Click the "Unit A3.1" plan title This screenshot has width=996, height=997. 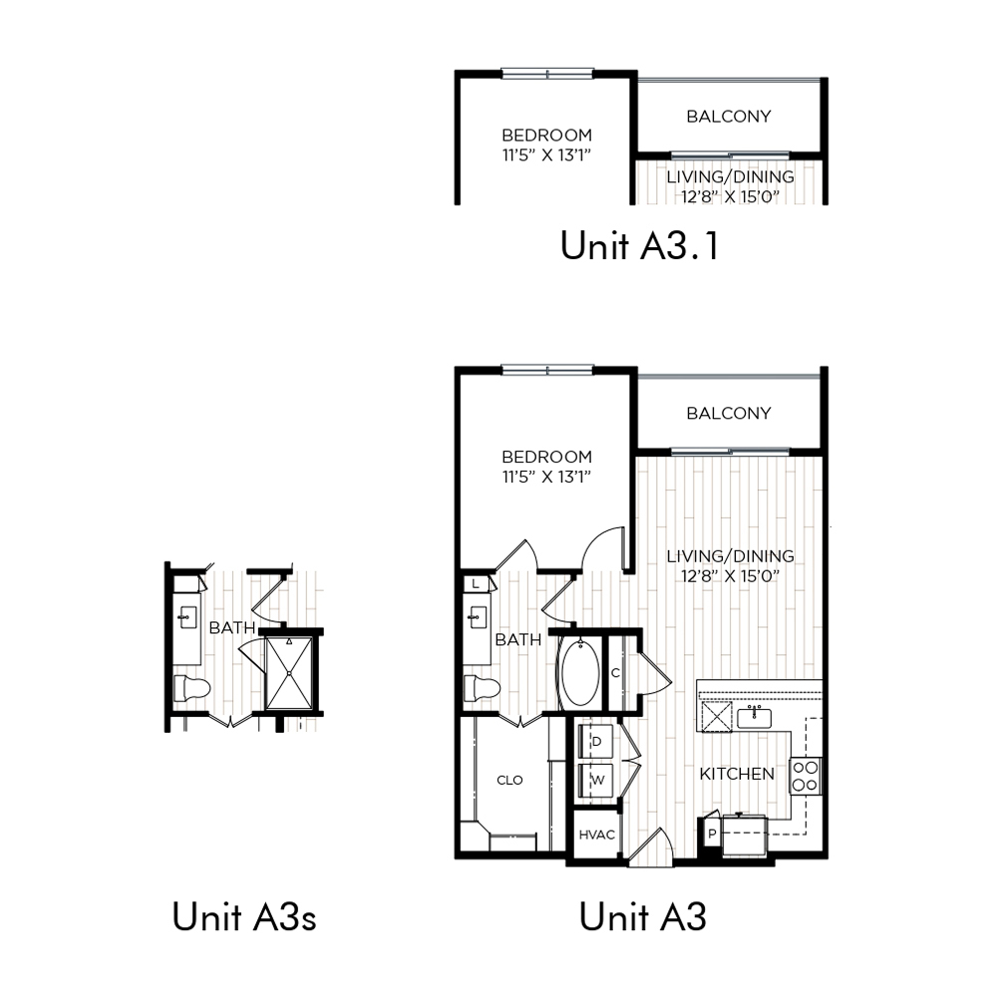(x=640, y=245)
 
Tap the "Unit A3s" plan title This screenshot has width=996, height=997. (x=244, y=917)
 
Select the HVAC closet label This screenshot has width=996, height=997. (x=596, y=834)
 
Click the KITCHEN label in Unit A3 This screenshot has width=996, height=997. (x=737, y=774)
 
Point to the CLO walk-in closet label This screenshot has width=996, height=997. (x=509, y=781)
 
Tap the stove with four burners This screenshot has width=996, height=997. (x=806, y=777)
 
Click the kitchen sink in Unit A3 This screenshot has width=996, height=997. (x=755, y=717)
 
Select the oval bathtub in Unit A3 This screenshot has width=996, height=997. (x=579, y=673)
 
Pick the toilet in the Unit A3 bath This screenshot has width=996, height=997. (x=482, y=688)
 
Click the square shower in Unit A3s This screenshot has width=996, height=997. (x=289, y=673)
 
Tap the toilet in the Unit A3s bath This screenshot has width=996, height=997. (x=191, y=688)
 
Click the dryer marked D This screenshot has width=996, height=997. (x=595, y=741)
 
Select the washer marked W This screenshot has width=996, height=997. (x=595, y=781)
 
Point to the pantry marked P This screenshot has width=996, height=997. (x=712, y=832)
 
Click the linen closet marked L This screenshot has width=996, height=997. (x=476, y=583)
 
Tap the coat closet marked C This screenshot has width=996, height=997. (x=616, y=673)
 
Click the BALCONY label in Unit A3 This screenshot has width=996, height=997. (x=729, y=414)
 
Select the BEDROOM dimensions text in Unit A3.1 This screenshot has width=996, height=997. (x=547, y=156)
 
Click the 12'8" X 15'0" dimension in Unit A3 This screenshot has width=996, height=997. (x=730, y=576)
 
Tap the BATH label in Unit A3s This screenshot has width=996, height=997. (x=232, y=627)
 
